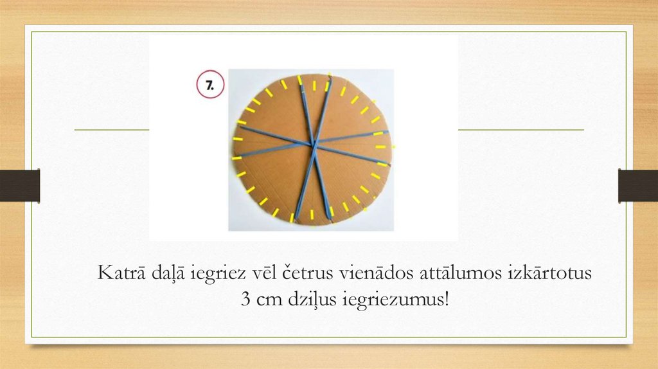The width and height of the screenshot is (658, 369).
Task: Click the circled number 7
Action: pos(210,85)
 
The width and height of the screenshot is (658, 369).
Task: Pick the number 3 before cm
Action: pos(245,300)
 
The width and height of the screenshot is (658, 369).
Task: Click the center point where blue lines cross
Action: pos(314,143)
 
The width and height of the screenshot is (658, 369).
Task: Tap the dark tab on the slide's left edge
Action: pos(20,185)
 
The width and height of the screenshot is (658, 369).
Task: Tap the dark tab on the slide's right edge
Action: pos(637,185)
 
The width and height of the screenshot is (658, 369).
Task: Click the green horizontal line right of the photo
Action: pos(520,130)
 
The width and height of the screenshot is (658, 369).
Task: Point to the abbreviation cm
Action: pos(267,300)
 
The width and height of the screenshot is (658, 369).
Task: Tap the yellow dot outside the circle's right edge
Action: pos(394,147)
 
